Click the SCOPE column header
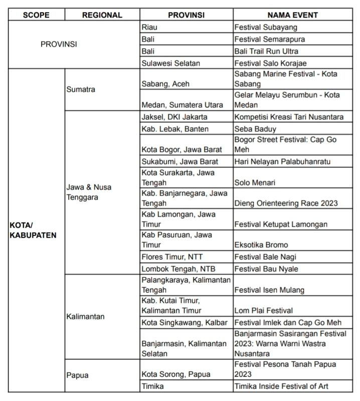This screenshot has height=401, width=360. click(x=36, y=15)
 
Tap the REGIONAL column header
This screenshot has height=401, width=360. click(x=102, y=15)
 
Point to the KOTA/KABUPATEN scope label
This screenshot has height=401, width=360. click(x=33, y=230)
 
